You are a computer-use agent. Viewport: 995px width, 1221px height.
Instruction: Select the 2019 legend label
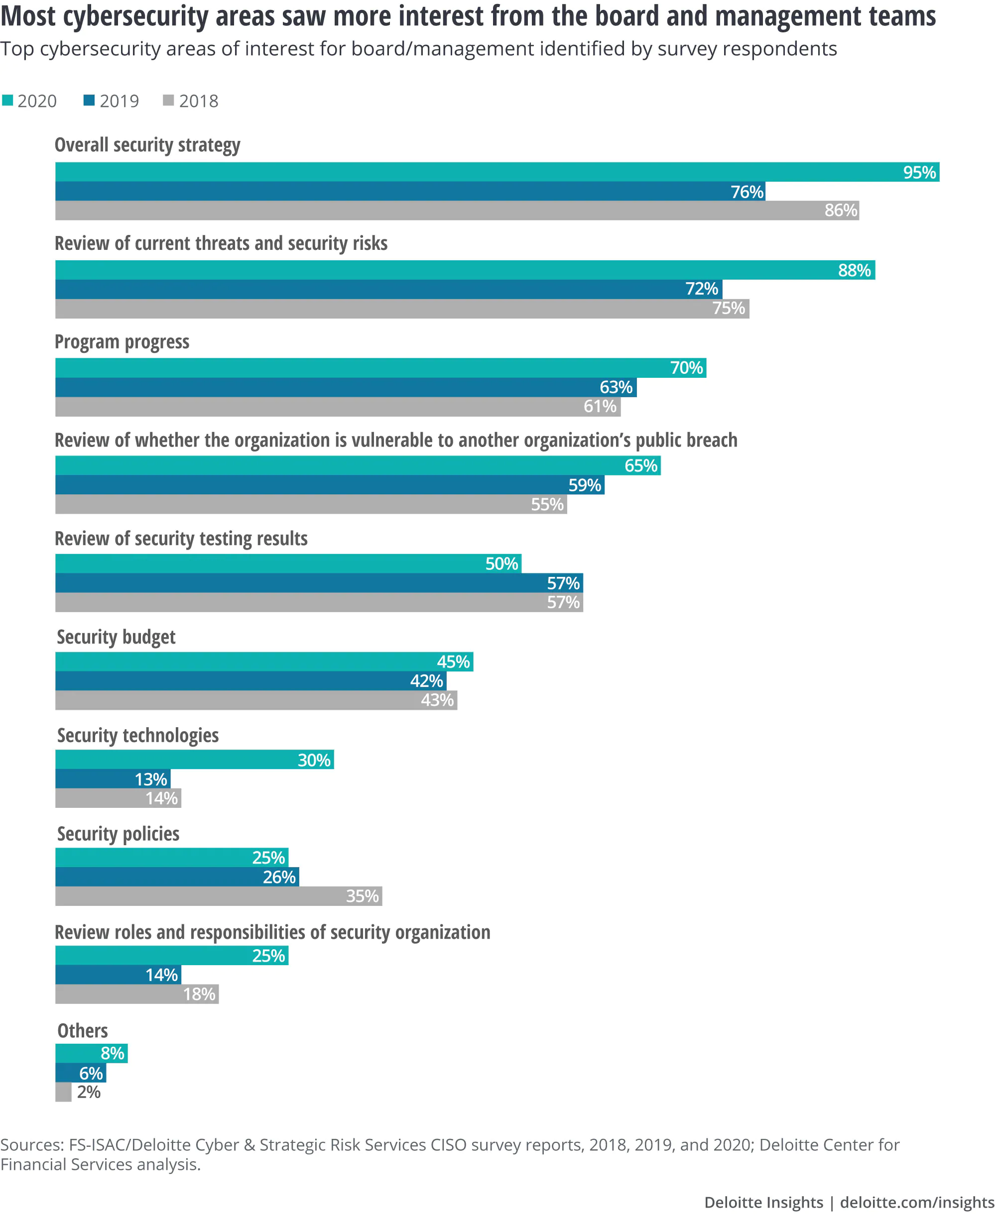coord(119,102)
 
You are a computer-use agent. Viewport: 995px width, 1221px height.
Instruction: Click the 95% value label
coord(919,172)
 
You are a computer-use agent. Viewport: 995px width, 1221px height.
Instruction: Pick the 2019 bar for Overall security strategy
coord(410,191)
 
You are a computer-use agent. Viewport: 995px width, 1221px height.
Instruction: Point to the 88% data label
coord(854,270)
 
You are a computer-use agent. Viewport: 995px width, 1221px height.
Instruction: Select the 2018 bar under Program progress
coord(338,407)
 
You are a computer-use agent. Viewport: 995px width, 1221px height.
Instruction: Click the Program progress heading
coord(122,342)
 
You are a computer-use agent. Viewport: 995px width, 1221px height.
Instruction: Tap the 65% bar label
coord(640,466)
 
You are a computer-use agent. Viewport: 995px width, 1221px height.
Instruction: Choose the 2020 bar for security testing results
coord(288,564)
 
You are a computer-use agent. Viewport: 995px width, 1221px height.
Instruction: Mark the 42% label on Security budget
coord(426,681)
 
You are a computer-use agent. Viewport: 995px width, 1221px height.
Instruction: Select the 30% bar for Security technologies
coord(194,760)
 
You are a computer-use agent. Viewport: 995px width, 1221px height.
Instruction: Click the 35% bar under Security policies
coord(219,896)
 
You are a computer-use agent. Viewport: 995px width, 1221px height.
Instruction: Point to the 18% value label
coord(199,994)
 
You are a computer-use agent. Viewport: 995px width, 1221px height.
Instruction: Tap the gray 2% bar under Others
coord(63,1092)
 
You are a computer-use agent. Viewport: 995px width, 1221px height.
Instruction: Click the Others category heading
coord(83,1031)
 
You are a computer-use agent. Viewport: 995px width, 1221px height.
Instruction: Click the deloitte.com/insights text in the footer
coord(916,1202)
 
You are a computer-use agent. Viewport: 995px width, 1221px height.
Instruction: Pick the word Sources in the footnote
coord(32,1145)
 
